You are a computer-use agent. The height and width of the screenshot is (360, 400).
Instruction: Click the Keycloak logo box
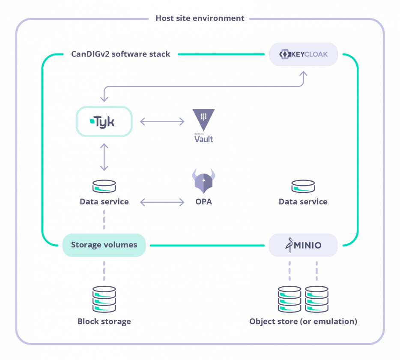303,55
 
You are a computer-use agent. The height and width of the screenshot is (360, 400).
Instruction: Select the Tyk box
102,122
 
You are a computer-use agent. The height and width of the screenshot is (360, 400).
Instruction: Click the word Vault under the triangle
203,139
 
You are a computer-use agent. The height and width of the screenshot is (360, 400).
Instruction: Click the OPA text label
203,202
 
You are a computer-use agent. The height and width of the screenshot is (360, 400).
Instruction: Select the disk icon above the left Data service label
104,187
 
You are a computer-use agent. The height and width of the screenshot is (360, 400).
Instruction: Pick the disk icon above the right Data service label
303,187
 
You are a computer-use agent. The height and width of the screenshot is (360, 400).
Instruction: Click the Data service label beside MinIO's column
303,202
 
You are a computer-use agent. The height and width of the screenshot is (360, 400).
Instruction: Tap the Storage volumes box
104,245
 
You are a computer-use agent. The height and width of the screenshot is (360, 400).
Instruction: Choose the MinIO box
303,245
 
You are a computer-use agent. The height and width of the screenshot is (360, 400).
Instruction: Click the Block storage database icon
104,299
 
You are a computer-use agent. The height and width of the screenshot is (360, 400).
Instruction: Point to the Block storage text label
104,321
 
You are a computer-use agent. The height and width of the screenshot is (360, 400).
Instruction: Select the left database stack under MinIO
290,299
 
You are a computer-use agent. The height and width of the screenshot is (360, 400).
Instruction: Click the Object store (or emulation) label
303,321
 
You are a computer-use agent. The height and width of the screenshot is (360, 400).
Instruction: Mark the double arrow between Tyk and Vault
162,122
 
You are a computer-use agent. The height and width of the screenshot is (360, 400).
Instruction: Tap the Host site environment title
200,18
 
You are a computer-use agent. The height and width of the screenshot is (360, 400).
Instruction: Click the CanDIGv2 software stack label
121,54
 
